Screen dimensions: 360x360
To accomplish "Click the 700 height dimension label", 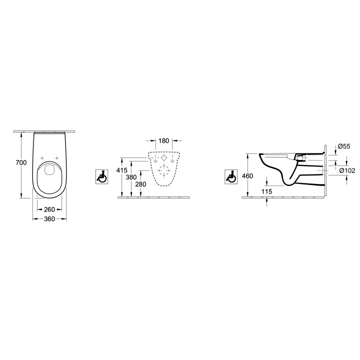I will click(20, 163).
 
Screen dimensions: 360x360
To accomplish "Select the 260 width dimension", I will click(49, 209).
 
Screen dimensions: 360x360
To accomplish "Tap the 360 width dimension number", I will click(48, 219).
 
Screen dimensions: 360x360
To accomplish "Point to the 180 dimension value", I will click(163, 141).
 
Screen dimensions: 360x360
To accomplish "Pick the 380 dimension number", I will click(131, 176).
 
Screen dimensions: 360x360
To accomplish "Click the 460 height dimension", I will click(247, 176).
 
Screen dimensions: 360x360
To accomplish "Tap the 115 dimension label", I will click(266, 191).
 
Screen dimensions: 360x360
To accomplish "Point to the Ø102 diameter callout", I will click(346, 170).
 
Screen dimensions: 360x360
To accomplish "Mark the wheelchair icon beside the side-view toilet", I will click(231, 176).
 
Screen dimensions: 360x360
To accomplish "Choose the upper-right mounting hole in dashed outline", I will click(172, 161).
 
